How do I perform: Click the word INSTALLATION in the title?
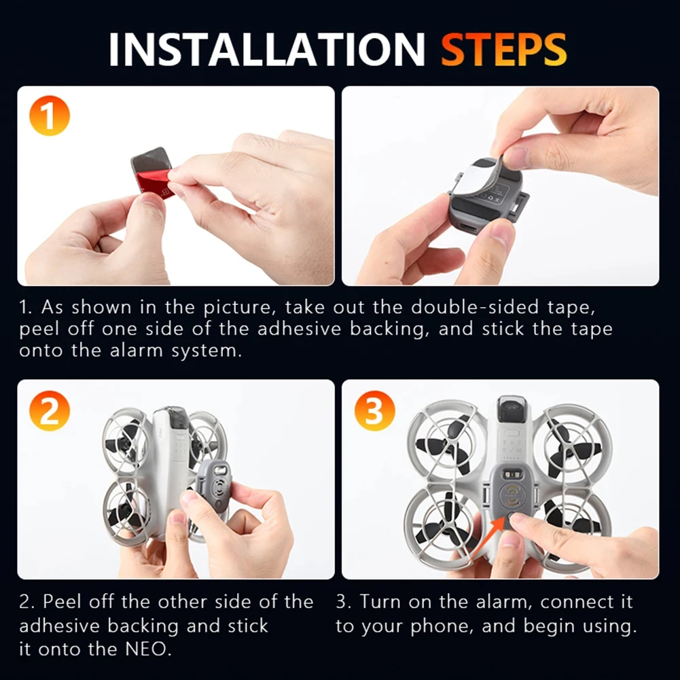pyautogui.click(x=266, y=49)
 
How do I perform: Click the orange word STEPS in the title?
pyautogui.click(x=503, y=49)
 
